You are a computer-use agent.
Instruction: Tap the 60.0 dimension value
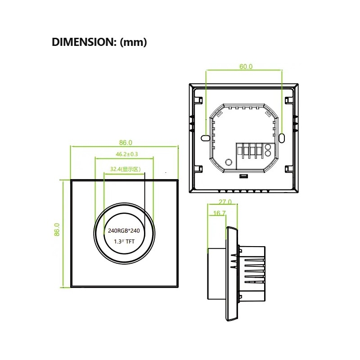246,67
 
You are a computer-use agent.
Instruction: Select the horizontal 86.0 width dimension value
126,143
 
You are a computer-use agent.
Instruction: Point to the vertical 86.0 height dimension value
57,232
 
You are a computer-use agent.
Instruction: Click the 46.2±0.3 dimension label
124,154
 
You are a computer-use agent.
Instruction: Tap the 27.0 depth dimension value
225,202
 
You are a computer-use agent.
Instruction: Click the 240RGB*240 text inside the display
124,231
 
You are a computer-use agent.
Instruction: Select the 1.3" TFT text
124,242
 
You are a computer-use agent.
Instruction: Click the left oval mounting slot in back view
205,137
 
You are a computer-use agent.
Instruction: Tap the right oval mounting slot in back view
282,137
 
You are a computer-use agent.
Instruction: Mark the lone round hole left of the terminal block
228,162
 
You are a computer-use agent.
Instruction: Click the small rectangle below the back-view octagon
243,176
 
